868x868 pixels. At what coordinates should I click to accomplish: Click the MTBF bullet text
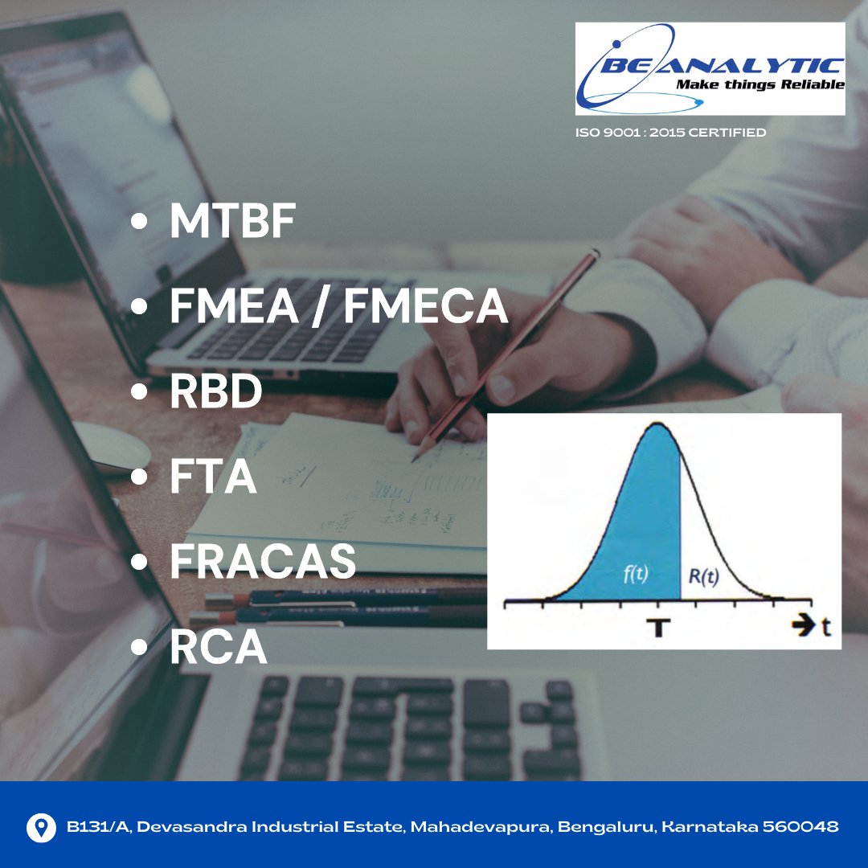pos(232,224)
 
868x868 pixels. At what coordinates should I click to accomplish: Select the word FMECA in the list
pos(427,307)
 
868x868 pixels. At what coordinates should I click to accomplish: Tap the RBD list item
pos(216,392)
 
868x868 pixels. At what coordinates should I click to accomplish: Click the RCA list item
pos(219,648)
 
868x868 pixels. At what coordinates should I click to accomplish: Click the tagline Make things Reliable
pos(759,84)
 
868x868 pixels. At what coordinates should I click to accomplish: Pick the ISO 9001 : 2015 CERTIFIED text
pos(670,132)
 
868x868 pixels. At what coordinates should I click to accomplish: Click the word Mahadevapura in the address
pos(479,826)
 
